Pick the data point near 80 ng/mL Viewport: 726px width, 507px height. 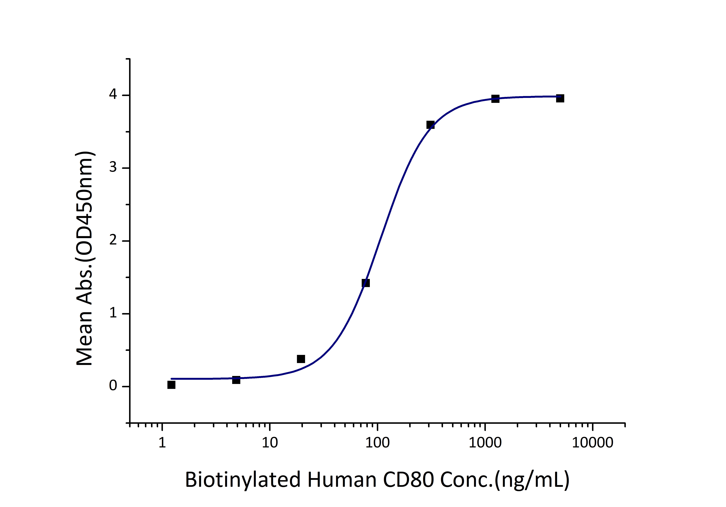[x=365, y=283]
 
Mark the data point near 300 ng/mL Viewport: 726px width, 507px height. [x=430, y=125]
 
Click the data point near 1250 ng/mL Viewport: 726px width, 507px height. [x=495, y=99]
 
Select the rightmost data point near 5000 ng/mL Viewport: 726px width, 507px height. [x=560, y=98]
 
